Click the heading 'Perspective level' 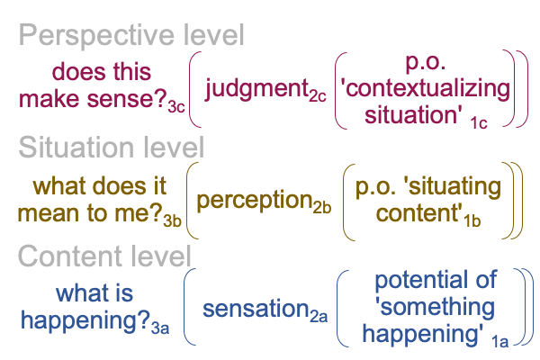pyautogui.click(x=131, y=36)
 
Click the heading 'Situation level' pyautogui.click(x=112, y=147)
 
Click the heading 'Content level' pyautogui.click(x=104, y=256)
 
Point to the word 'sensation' pyautogui.click(x=256, y=309)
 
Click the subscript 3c pyautogui.click(x=176, y=107)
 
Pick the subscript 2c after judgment pyautogui.click(x=318, y=95)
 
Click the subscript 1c pyautogui.click(x=479, y=123)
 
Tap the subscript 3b pyautogui.click(x=172, y=220)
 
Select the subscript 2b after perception pyautogui.click(x=322, y=207)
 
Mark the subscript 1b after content pyautogui.click(x=472, y=220)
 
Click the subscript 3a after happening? pyautogui.click(x=160, y=328)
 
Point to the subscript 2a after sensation pyautogui.click(x=319, y=316)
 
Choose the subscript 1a pyautogui.click(x=499, y=341)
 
